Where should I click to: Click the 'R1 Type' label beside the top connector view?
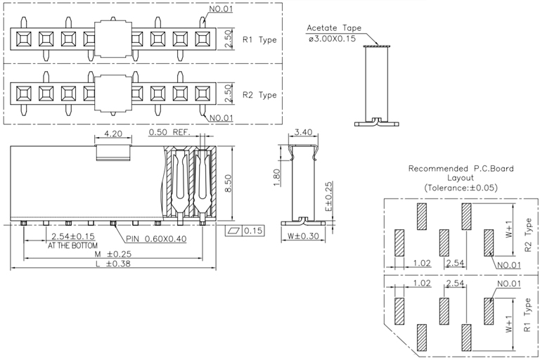259,40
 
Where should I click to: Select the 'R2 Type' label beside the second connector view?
259,95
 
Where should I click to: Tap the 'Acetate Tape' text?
333,29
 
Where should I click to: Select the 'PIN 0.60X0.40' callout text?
157,239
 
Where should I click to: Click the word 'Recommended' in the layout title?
437,169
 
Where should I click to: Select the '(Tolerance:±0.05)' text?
461,188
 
